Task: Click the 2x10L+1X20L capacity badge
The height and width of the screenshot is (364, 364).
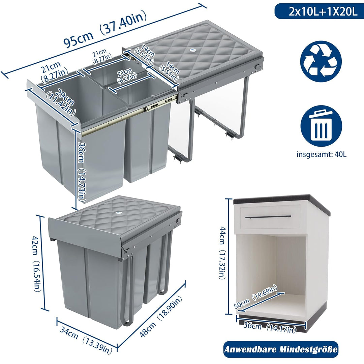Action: pyautogui.click(x=319, y=11)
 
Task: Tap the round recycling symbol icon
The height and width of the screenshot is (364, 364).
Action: pyautogui.click(x=321, y=62)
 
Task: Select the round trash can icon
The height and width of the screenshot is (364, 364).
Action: pyautogui.click(x=321, y=126)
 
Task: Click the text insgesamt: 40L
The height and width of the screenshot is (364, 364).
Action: pyautogui.click(x=321, y=154)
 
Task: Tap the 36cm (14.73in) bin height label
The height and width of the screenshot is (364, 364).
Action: pyautogui.click(x=82, y=172)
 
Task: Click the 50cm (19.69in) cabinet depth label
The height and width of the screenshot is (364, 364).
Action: pyautogui.click(x=255, y=297)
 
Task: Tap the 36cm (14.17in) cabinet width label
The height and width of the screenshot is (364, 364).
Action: pyautogui.click(x=270, y=328)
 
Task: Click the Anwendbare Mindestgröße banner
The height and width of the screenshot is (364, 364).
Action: pyautogui.click(x=281, y=350)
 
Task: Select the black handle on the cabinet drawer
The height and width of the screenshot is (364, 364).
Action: pyautogui.click(x=268, y=217)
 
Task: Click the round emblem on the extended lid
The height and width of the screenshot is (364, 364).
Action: pyautogui.click(x=192, y=50)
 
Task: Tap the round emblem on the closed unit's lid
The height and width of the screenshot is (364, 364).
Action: pyautogui.click(x=118, y=213)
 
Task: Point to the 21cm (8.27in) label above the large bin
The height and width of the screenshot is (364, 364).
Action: pyautogui.click(x=54, y=71)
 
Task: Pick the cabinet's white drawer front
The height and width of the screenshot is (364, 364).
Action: pyautogui.click(x=270, y=217)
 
